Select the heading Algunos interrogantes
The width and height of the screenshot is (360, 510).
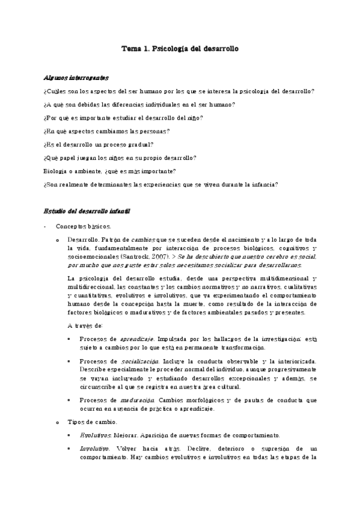76,78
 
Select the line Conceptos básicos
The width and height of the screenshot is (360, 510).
83,227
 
